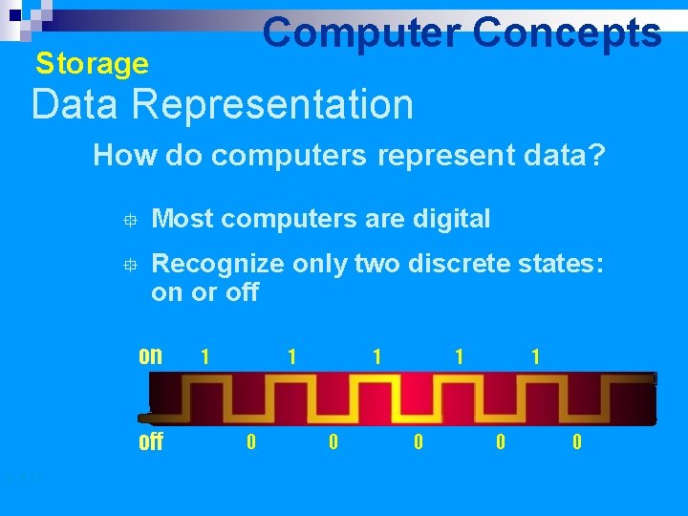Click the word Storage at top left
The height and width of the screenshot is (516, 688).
[x=92, y=64]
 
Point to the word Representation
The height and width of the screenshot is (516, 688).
[x=269, y=104]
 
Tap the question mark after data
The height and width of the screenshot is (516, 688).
[x=597, y=156]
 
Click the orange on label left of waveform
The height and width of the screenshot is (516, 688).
[x=150, y=356]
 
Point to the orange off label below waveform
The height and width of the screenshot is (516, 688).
[x=151, y=442]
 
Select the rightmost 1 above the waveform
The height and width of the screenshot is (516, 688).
[x=536, y=356]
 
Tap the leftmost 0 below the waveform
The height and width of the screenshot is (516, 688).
[x=250, y=442]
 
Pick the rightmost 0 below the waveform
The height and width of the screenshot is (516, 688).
[x=576, y=442]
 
